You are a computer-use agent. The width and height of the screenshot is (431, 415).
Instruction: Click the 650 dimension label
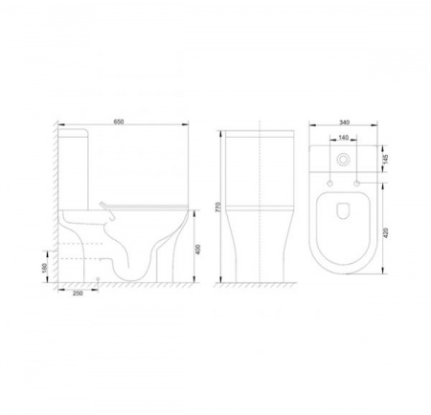[x=119, y=121]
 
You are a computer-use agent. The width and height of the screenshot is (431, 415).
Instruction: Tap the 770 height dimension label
[x=218, y=207]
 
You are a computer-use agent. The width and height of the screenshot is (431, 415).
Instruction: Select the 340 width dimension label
[x=345, y=122]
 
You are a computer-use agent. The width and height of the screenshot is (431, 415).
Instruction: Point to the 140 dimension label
[x=343, y=138]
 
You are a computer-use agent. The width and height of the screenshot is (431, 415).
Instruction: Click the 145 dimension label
[x=385, y=159]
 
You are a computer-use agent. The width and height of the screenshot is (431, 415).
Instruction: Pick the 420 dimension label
[x=385, y=233]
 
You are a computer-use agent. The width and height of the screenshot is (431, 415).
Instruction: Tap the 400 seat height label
[x=198, y=250]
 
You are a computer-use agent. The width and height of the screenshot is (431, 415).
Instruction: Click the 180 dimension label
[x=45, y=269]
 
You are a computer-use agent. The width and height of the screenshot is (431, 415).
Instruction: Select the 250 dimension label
[x=78, y=294]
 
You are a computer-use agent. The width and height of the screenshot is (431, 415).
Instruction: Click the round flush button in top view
[x=343, y=160]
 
